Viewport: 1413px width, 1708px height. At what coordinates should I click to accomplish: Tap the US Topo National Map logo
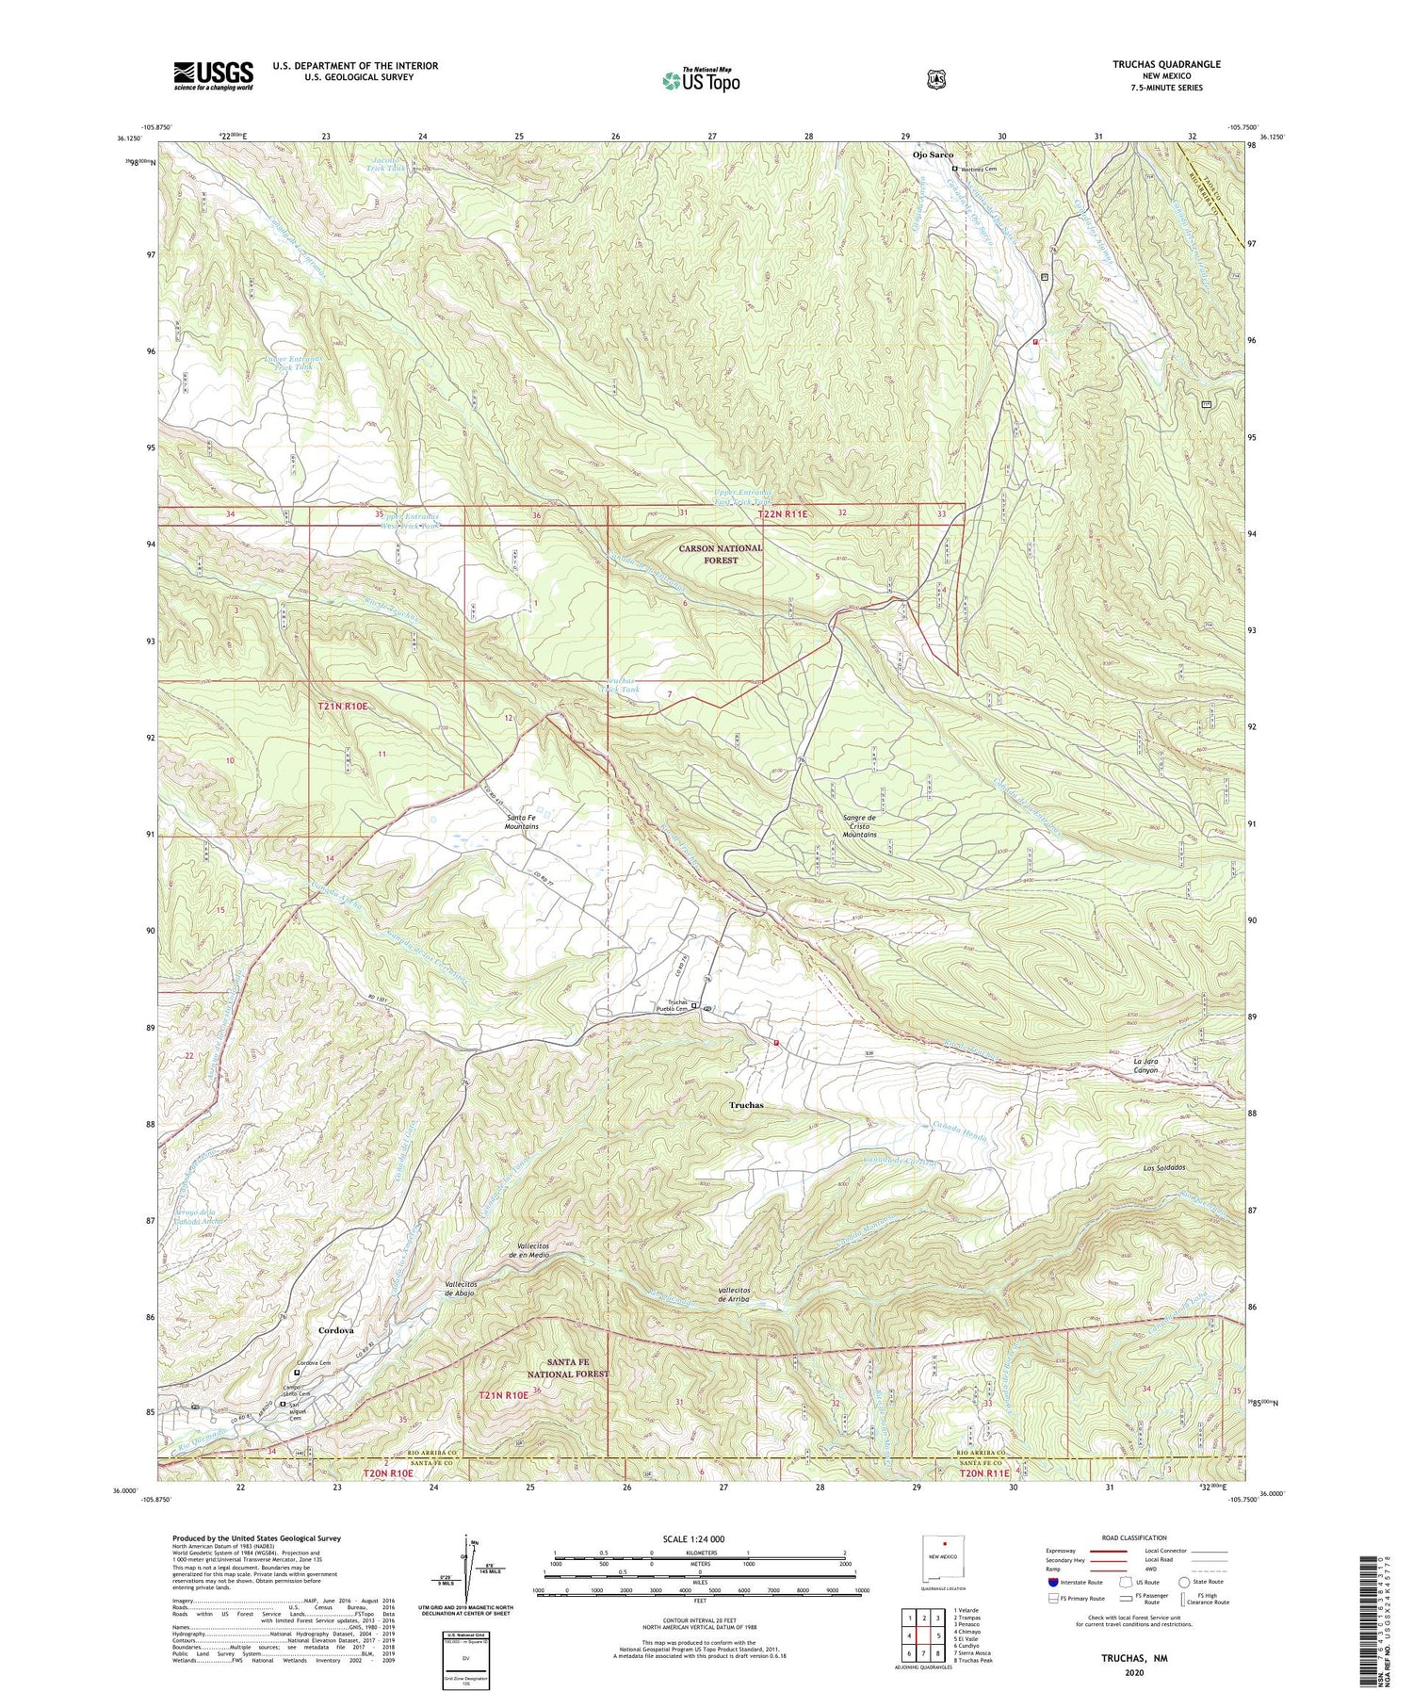coord(701,79)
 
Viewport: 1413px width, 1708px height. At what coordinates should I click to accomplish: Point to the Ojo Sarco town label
coord(932,155)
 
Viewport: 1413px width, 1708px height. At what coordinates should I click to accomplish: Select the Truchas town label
coord(746,1105)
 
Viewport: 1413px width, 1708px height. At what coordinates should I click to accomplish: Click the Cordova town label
coord(336,1330)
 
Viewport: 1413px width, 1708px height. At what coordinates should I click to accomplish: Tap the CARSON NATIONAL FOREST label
coord(721,553)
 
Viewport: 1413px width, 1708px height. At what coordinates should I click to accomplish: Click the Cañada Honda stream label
coord(960,1138)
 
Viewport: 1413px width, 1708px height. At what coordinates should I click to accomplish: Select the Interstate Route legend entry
coord(1078,1582)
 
